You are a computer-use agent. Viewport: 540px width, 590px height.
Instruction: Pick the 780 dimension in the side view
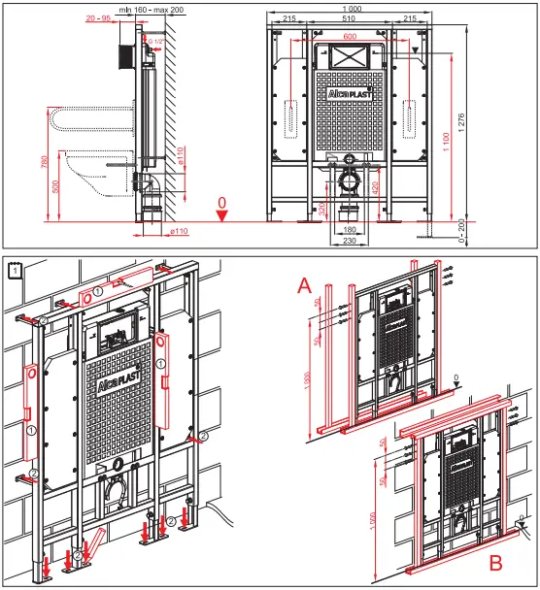pos(45,162)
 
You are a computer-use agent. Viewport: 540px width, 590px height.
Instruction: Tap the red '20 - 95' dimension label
pos(97,18)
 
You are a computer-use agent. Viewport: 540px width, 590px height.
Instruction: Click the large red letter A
pos(305,284)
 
